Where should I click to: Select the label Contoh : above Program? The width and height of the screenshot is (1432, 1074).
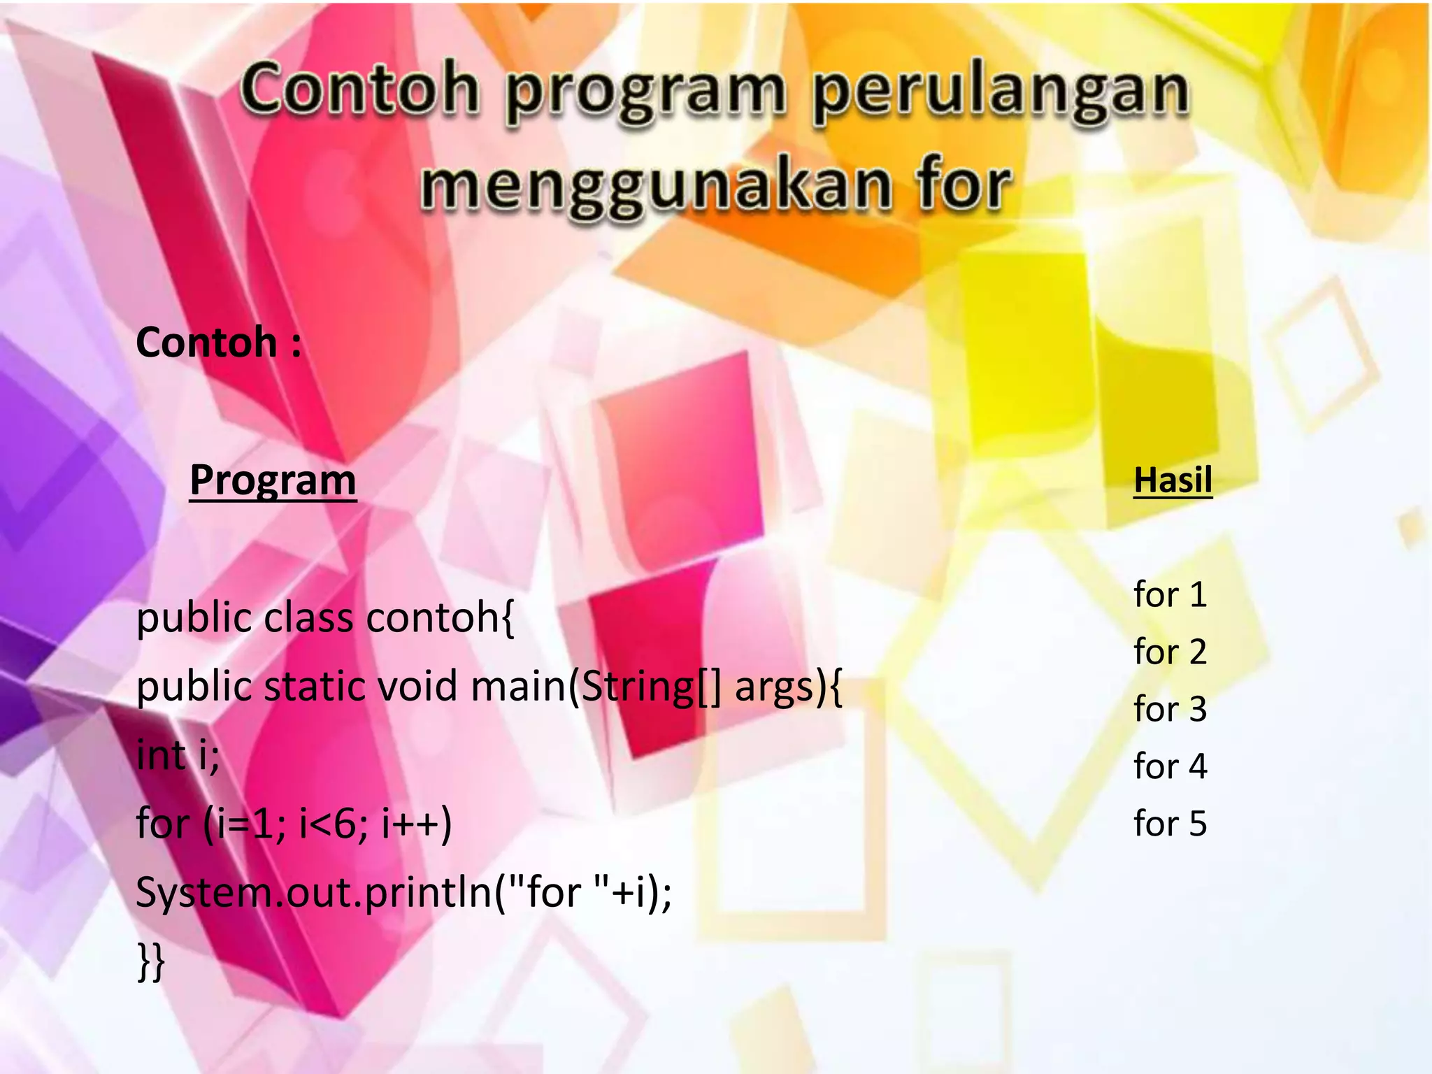click(219, 343)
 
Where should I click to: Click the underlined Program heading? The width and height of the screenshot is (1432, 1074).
click(273, 480)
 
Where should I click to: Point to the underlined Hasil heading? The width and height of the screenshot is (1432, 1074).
click(1173, 480)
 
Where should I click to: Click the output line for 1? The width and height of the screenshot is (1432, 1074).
click(1170, 594)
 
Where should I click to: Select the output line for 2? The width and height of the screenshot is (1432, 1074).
click(1170, 652)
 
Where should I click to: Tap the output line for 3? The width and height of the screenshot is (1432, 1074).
click(1170, 709)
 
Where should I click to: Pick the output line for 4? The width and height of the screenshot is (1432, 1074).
click(1170, 766)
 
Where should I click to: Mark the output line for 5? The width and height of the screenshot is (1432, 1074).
click(1170, 824)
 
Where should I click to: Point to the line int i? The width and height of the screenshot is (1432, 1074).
click(178, 755)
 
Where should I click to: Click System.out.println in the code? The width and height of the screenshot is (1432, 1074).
click(314, 893)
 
